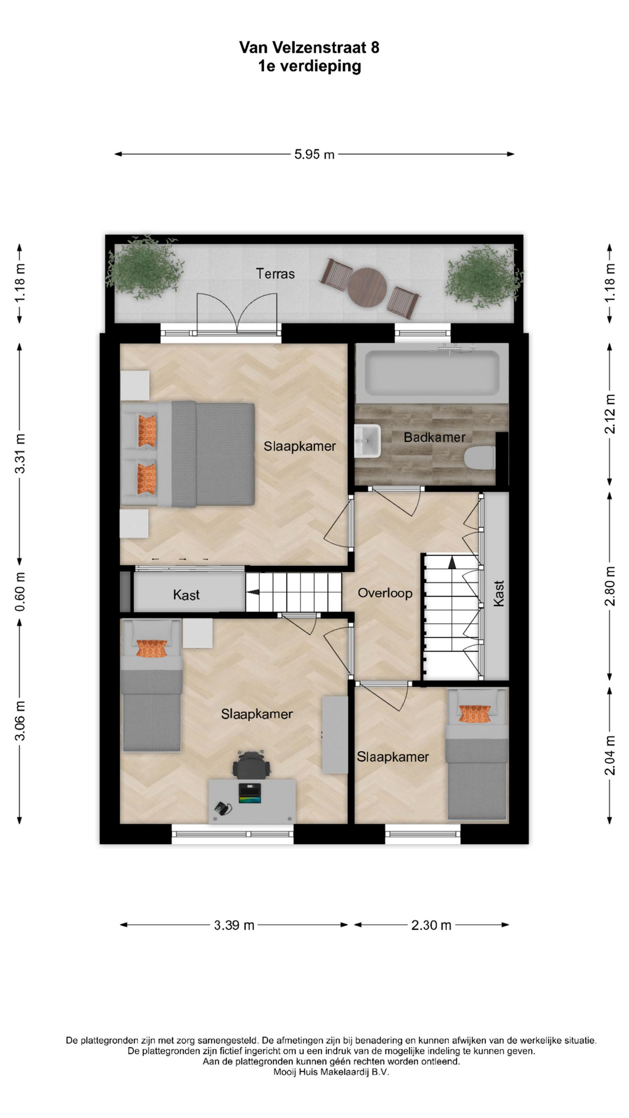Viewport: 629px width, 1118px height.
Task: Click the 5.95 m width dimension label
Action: (x=314, y=154)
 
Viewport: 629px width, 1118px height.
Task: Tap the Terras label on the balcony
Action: (x=275, y=274)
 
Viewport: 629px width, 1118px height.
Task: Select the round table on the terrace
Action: (x=367, y=287)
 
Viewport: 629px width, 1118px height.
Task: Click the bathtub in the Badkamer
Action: (x=432, y=373)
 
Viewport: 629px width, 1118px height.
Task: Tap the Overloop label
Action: (x=385, y=593)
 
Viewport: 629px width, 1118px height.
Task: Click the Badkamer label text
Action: (x=434, y=437)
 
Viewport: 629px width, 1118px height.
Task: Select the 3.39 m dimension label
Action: (x=234, y=925)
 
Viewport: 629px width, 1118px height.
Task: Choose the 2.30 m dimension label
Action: (x=432, y=925)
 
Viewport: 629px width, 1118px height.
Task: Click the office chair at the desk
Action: (x=252, y=764)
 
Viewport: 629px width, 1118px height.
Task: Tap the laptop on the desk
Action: (x=250, y=792)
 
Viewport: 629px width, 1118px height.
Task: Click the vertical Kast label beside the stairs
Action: (x=499, y=593)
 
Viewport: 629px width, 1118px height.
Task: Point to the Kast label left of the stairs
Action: (x=186, y=595)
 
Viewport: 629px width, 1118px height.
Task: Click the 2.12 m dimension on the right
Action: (x=610, y=414)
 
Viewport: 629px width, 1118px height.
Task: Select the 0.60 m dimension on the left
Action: (x=20, y=592)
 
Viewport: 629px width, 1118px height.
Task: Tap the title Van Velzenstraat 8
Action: (x=309, y=47)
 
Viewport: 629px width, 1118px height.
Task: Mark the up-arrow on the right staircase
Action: (x=451, y=562)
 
